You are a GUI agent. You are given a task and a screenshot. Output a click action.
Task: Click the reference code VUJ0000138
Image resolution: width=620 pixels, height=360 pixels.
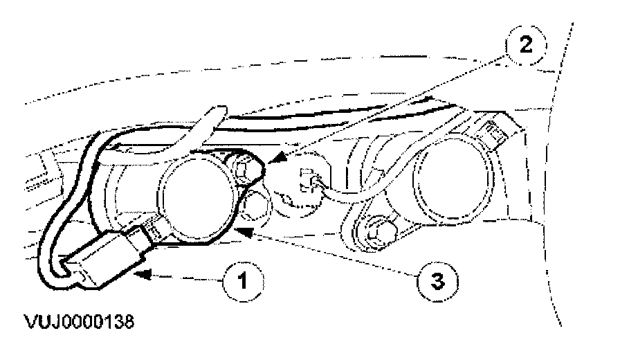coord(71,323)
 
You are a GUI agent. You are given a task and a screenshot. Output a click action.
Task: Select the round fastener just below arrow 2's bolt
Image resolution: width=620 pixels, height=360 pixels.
coord(258,202)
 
